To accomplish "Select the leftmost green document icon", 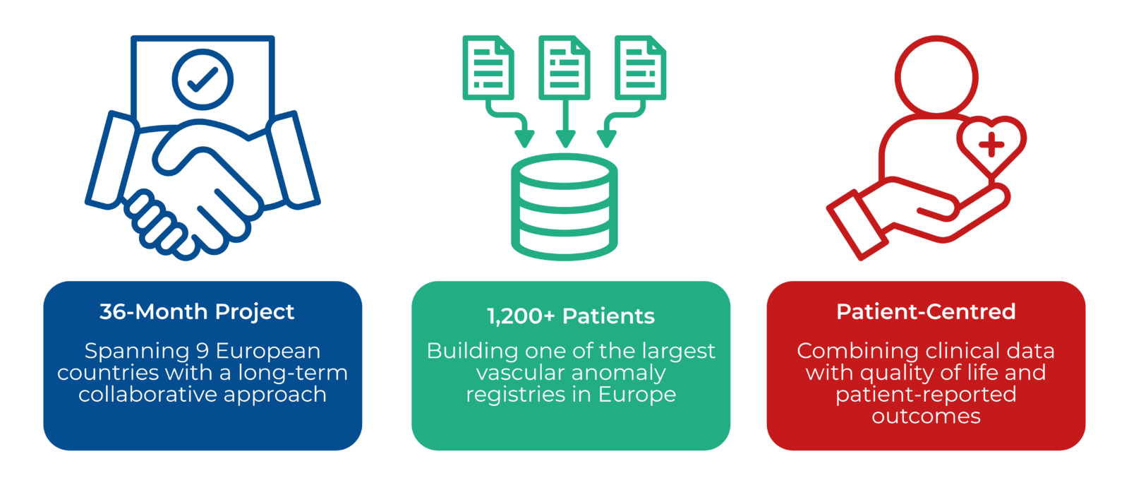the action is coord(488,68).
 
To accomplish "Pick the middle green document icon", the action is coord(564,68).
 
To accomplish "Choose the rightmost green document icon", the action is coord(641,68).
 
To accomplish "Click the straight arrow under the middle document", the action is coord(565,124).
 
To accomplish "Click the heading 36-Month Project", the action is coord(197,311).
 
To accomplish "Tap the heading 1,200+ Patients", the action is coord(571,316).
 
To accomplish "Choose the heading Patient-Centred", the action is coord(926,311).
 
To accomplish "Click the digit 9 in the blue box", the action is coord(203,351).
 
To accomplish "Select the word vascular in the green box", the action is coord(521,373).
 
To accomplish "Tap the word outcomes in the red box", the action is coord(926,417).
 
